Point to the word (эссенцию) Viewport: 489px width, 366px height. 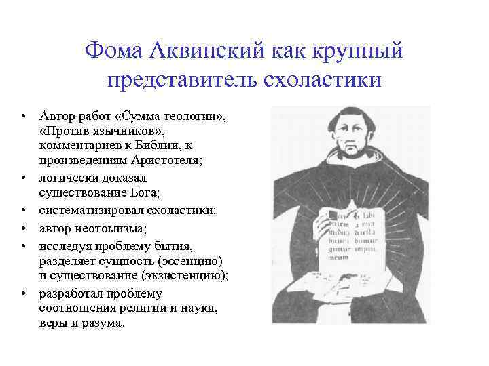point(183,260)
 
